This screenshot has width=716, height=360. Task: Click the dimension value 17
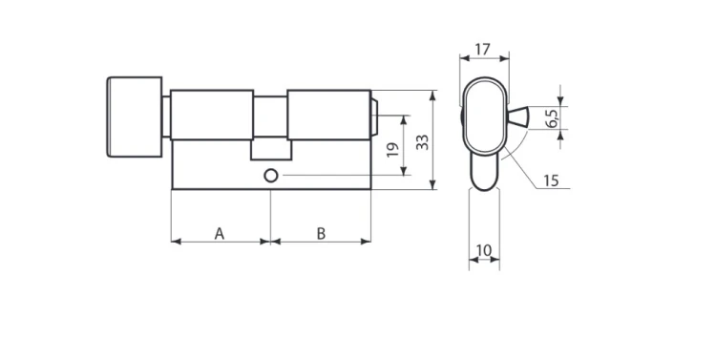coord(483,50)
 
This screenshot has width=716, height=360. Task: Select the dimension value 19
coord(392,149)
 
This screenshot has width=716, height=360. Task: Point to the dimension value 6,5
coord(551,117)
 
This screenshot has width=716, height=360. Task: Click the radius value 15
coord(551,180)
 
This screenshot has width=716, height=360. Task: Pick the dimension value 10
coord(484,250)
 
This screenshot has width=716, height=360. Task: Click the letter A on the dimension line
coord(220,234)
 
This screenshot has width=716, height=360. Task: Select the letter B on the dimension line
coord(321,234)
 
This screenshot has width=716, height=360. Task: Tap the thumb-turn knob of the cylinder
coord(135,116)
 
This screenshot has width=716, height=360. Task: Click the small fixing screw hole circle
coord(271,176)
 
